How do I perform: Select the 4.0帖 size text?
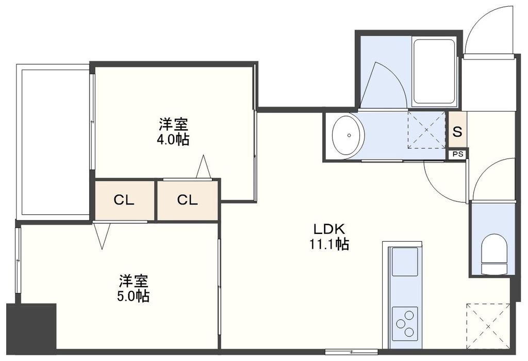(x=173, y=139)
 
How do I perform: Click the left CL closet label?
(x=124, y=200)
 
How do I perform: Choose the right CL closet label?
(x=187, y=200)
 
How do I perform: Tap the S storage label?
(x=457, y=131)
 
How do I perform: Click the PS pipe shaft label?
(x=457, y=154)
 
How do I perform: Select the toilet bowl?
(x=493, y=254)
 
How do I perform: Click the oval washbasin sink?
(x=349, y=135)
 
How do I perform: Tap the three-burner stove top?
(x=405, y=323)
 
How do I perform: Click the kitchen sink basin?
(x=404, y=262)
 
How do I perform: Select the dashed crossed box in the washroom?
(x=426, y=130)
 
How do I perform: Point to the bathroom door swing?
(x=382, y=85)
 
